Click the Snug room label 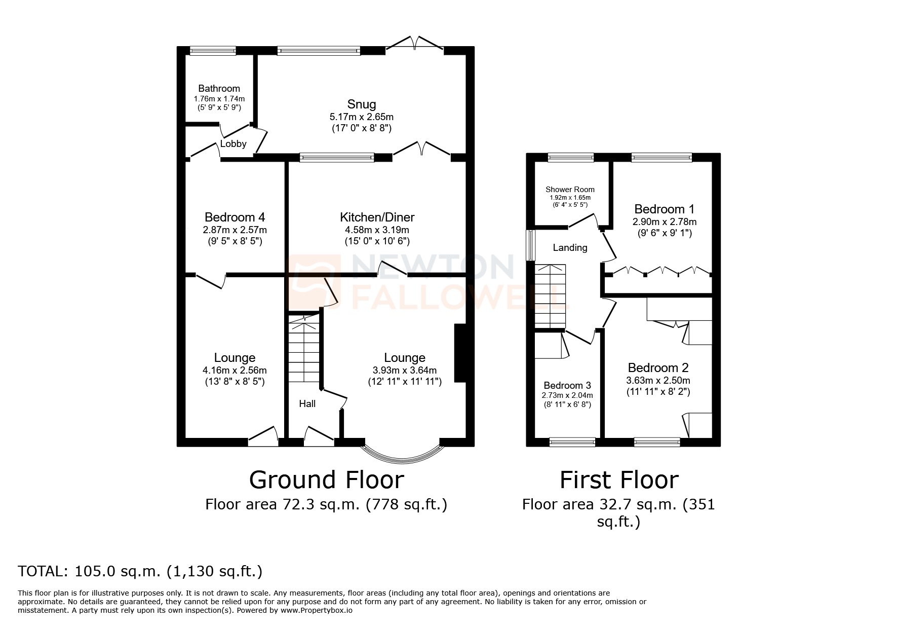362,104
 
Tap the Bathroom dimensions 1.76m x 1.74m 219,99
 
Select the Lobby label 233,144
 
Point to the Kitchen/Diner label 377,217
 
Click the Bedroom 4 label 235,217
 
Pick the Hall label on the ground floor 307,403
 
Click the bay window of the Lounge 402,457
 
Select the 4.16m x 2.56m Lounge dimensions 235,370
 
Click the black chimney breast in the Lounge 460,353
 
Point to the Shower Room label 570,190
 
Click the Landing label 570,248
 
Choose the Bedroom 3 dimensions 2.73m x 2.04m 567,395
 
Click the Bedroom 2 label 658,368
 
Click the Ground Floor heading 327,480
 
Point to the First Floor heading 619,480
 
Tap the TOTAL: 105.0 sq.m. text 140,571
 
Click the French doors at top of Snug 415,45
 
